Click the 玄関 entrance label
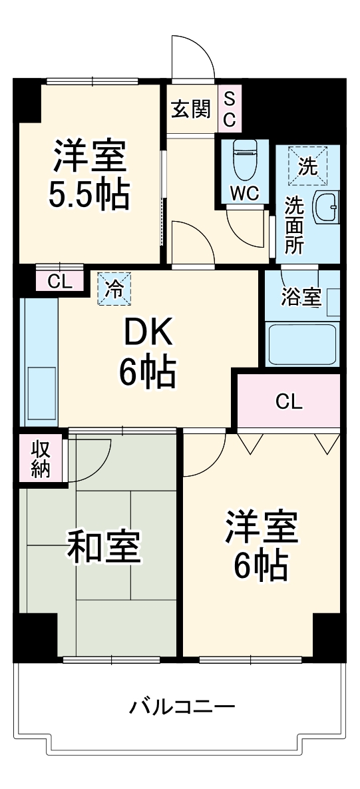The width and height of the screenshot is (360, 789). (191, 109)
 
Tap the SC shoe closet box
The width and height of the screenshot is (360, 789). (229, 109)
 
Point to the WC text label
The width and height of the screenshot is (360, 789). (245, 193)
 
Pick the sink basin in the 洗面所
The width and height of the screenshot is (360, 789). (327, 207)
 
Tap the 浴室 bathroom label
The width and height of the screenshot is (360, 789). (301, 296)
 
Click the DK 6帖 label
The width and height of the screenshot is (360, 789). (147, 352)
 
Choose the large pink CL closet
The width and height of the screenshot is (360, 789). (289, 401)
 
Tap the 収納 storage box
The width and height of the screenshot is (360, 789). (41, 457)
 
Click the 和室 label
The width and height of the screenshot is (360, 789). (104, 547)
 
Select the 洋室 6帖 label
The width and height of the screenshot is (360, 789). (260, 545)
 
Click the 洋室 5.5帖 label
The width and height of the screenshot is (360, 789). (89, 174)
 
